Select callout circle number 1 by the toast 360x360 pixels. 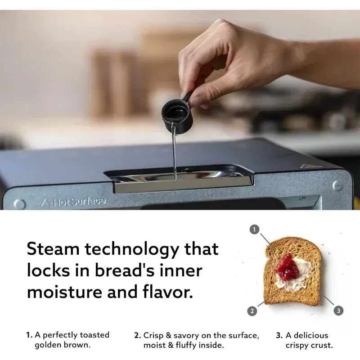[x=255, y=230]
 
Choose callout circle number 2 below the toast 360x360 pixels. [x=252, y=310]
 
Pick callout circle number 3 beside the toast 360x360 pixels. [x=338, y=310]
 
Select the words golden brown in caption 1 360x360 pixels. [x=63, y=345]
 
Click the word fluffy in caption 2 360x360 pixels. [x=198, y=345]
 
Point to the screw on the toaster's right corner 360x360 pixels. [x=337, y=185]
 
